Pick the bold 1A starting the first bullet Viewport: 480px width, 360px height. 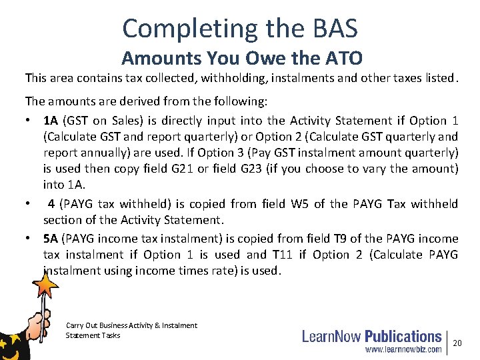click(x=51, y=121)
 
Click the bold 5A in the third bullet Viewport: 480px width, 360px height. click(x=51, y=239)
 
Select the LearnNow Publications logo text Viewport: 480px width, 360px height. click(x=371, y=336)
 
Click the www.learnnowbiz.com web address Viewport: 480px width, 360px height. click(x=403, y=349)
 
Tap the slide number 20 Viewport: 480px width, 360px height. click(x=457, y=343)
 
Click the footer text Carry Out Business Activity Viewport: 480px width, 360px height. click(x=131, y=325)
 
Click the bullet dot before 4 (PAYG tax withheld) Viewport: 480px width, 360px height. click(x=29, y=204)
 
